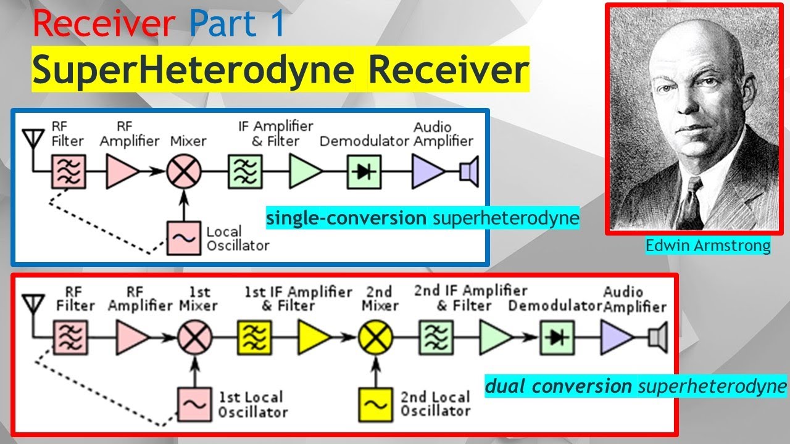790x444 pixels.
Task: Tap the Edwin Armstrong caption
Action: [x=708, y=246]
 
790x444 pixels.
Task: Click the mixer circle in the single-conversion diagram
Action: [x=183, y=171]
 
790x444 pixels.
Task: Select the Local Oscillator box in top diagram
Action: [x=183, y=237]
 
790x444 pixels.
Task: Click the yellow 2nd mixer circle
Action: [x=375, y=337]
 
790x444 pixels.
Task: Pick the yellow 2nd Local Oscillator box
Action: [x=375, y=404]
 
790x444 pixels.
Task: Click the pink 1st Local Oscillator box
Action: [x=194, y=404]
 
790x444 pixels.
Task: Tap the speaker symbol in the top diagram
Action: [x=469, y=171]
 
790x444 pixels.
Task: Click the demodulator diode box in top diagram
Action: [x=364, y=171]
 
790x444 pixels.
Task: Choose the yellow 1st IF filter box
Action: [x=253, y=337]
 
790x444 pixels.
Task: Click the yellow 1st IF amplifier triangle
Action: [x=314, y=337]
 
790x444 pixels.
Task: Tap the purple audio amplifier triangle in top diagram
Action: [x=428, y=171]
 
